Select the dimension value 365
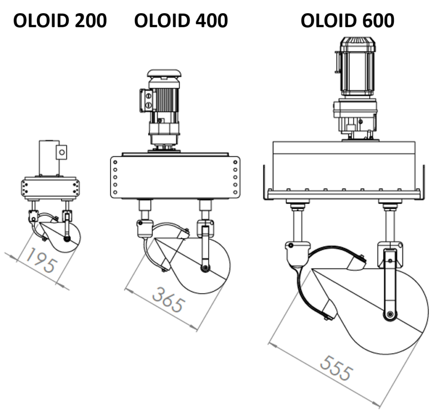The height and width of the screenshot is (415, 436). pyautogui.click(x=169, y=300)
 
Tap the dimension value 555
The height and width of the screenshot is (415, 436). pyautogui.click(x=336, y=369)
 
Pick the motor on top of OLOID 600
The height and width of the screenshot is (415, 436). pyautogui.click(x=357, y=68)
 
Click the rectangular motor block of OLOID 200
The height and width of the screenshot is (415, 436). pyautogui.click(x=49, y=158)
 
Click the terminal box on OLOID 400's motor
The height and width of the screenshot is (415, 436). pyautogui.click(x=146, y=100)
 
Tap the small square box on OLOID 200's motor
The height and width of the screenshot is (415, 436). pyautogui.click(x=62, y=151)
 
